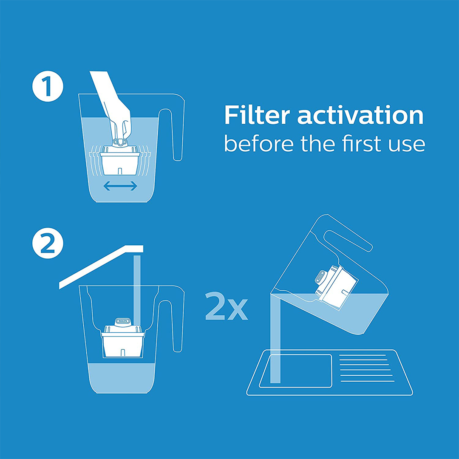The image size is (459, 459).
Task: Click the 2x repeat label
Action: coord(226,306)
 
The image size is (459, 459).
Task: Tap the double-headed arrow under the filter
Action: coord(121,186)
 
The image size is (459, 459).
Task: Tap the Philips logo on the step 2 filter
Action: coord(123,320)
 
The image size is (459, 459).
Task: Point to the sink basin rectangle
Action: coord(295,370)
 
